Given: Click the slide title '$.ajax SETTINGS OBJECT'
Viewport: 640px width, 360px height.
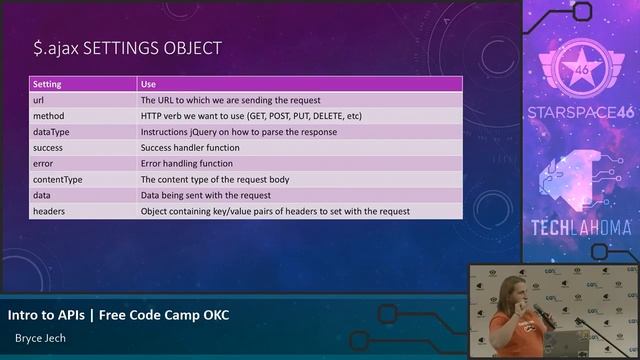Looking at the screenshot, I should click(x=127, y=47).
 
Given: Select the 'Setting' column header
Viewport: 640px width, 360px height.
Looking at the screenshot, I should click(x=47, y=84).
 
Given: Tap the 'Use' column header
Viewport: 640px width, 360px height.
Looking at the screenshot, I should click(x=148, y=84).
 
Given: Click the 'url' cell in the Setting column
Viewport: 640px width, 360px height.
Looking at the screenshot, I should click(x=38, y=100).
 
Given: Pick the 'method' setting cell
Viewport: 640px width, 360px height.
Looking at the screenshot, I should click(x=48, y=116).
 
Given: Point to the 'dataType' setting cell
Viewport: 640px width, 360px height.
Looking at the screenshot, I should click(x=51, y=132).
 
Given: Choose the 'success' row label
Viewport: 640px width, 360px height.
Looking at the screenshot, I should click(x=48, y=148).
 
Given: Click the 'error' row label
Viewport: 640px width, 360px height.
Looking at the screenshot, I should click(x=43, y=163).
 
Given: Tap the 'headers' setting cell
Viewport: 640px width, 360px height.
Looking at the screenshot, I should click(x=49, y=211).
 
